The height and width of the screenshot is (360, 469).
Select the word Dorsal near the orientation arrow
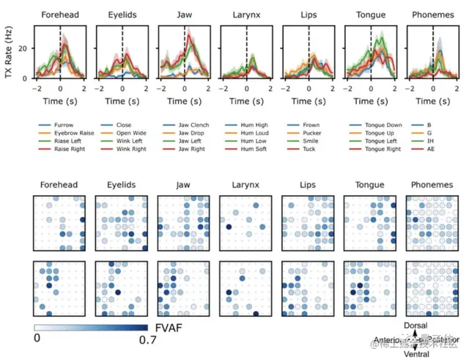tap(417, 324)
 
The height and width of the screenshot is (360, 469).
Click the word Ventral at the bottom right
tap(417, 355)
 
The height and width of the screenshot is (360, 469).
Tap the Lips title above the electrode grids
tap(308, 185)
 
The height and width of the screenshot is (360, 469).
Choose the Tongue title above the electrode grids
tap(370, 185)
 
